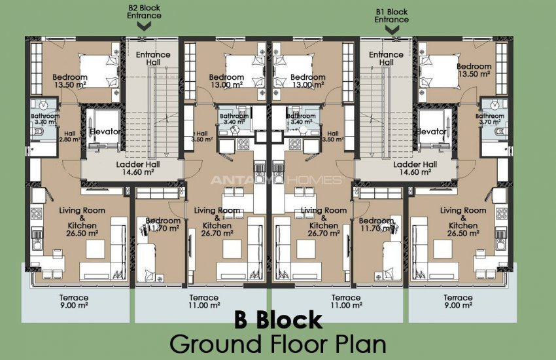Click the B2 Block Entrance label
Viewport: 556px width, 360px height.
pyautogui.click(x=145, y=12)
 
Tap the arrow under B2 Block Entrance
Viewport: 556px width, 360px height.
pyautogui.click(x=145, y=26)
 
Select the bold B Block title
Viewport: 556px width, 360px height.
pyautogui.click(x=278, y=320)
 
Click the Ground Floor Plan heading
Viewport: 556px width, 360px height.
pyautogui.click(x=278, y=344)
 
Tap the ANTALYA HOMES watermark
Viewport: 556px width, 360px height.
pyautogui.click(x=275, y=180)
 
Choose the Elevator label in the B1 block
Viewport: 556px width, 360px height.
pyautogui.click(x=432, y=132)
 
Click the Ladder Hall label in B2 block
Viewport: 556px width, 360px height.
pyautogui.click(x=134, y=168)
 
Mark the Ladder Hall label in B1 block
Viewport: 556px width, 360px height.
pyautogui.click(x=415, y=168)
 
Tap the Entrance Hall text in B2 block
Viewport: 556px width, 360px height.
pyautogui.click(x=152, y=59)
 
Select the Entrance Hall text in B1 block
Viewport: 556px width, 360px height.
pyautogui.click(x=386, y=59)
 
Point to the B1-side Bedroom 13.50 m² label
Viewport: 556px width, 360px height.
pyautogui.click(x=474, y=70)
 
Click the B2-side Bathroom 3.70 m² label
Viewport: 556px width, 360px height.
pyautogui.click(x=45, y=119)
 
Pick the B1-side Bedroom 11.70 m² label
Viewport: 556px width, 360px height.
pyautogui.click(x=377, y=225)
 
